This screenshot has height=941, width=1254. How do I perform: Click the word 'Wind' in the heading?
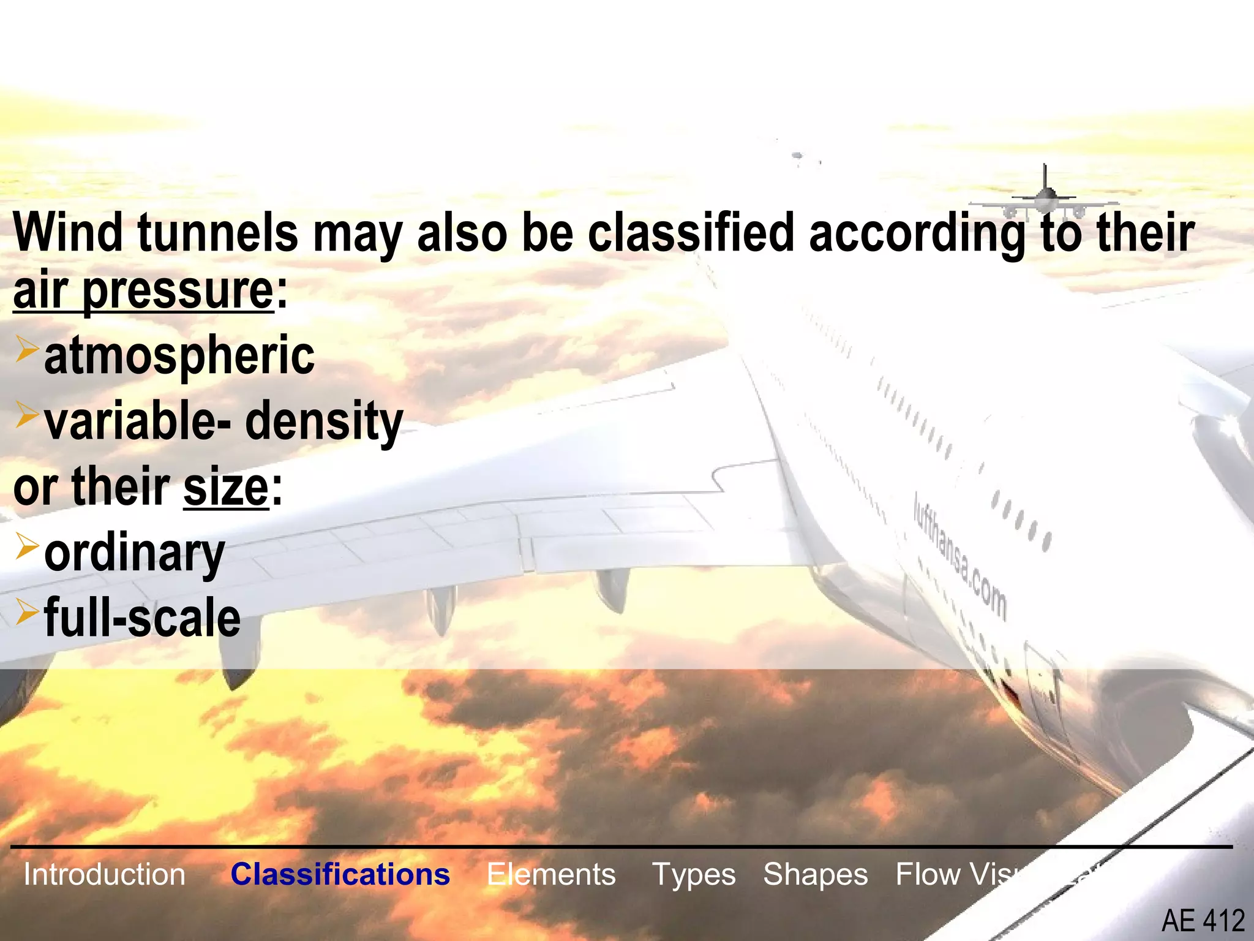[x=68, y=233]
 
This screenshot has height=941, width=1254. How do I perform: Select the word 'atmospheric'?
[x=179, y=357]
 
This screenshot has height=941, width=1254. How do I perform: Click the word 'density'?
[x=324, y=421]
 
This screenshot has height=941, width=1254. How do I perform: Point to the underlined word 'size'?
[x=226, y=488]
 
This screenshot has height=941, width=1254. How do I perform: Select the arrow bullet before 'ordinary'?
[x=28, y=546]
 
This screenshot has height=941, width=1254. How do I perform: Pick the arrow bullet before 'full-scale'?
[x=28, y=611]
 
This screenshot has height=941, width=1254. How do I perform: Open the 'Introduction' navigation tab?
[x=104, y=874]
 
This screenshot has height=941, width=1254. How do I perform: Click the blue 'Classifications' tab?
[x=340, y=874]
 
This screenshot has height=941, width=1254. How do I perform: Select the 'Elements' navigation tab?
[x=551, y=874]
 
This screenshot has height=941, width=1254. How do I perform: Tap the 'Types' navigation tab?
[x=694, y=874]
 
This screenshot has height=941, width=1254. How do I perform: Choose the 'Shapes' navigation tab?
[x=815, y=874]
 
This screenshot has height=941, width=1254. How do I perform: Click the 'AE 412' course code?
[x=1203, y=921]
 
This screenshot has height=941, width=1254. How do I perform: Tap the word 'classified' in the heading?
[x=691, y=233]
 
